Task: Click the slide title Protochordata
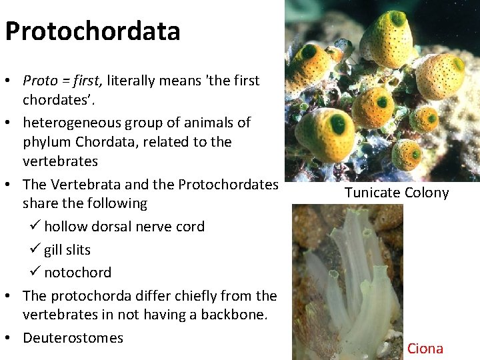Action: [92, 31]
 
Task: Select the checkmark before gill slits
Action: [36, 250]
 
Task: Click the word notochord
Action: [77, 273]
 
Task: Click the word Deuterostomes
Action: [73, 337]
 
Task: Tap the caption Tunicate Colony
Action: [396, 193]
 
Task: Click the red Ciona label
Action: [425, 348]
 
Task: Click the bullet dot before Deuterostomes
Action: [9, 338]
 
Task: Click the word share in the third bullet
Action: [39, 203]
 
